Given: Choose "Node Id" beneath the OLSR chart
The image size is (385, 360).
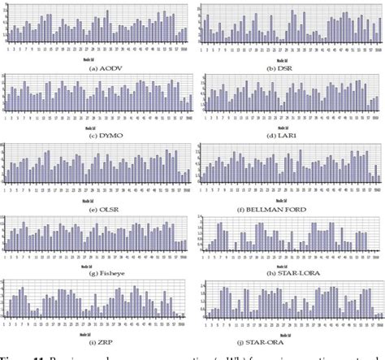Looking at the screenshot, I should tap(90, 199).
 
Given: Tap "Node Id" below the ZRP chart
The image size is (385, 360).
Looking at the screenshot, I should tap(90, 334).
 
